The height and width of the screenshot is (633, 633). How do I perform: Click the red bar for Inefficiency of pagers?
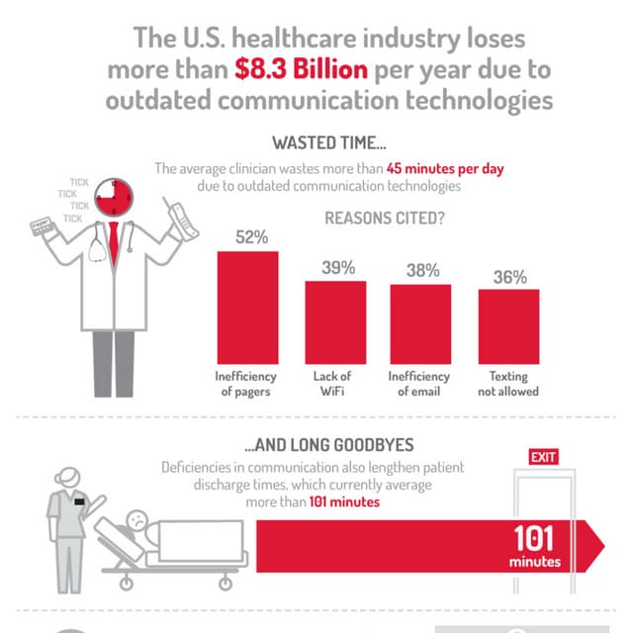click(x=247, y=307)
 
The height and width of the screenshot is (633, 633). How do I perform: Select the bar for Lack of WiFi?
click(x=335, y=322)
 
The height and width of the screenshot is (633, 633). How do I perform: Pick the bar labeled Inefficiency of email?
click(x=421, y=323)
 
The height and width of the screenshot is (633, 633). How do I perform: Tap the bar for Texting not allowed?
click(x=509, y=325)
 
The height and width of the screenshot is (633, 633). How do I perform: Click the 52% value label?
click(x=248, y=238)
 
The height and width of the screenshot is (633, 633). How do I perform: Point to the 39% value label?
click(x=336, y=268)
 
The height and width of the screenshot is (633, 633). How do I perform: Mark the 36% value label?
click(x=509, y=277)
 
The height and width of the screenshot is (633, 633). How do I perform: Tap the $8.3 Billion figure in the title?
click(x=302, y=69)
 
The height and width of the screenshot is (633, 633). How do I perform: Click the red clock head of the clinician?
click(x=114, y=197)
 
